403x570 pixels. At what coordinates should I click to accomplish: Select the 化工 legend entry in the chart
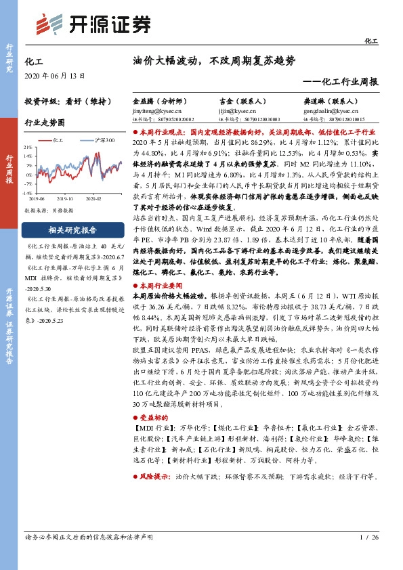point(60,140)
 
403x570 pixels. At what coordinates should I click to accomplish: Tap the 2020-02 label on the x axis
point(92,200)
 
